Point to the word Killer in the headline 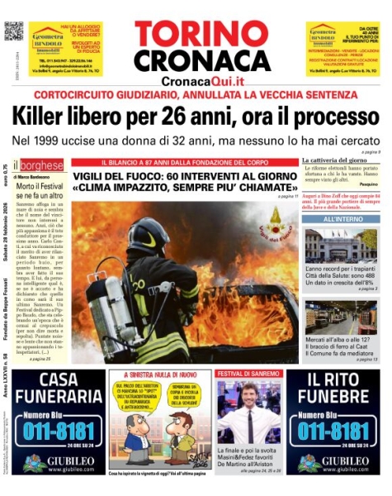pyautogui.click(x=57, y=114)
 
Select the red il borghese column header pyautogui.click(x=37, y=165)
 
